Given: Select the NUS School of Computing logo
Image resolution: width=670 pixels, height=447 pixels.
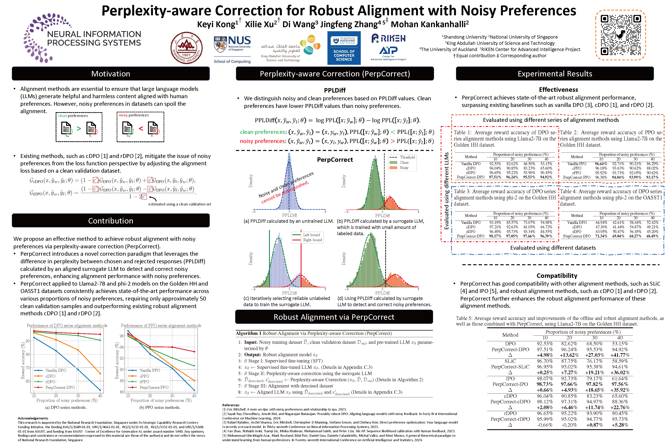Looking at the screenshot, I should tap(232, 49).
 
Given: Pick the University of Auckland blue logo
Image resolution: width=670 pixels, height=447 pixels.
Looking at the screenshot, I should tap(344, 48).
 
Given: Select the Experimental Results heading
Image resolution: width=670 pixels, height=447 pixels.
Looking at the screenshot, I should tap(555, 74).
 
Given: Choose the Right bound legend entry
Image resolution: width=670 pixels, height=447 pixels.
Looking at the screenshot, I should tap(312, 240).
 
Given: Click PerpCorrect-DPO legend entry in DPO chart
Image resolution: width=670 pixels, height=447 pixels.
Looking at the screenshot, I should tap(60, 387).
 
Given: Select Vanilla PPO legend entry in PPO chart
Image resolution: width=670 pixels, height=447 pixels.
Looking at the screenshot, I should tap(149, 370).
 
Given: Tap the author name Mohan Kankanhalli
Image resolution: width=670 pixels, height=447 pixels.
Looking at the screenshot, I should tap(430, 24).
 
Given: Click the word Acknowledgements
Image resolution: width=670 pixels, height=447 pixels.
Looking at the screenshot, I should tap(33, 418).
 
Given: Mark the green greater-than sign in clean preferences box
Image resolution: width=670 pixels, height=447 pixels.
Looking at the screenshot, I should tap(79, 129).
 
